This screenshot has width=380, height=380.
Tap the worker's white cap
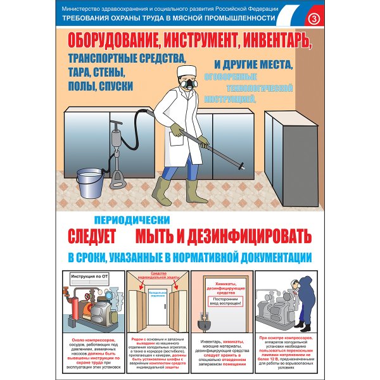186,71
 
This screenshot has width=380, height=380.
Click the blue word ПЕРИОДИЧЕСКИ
132,220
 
